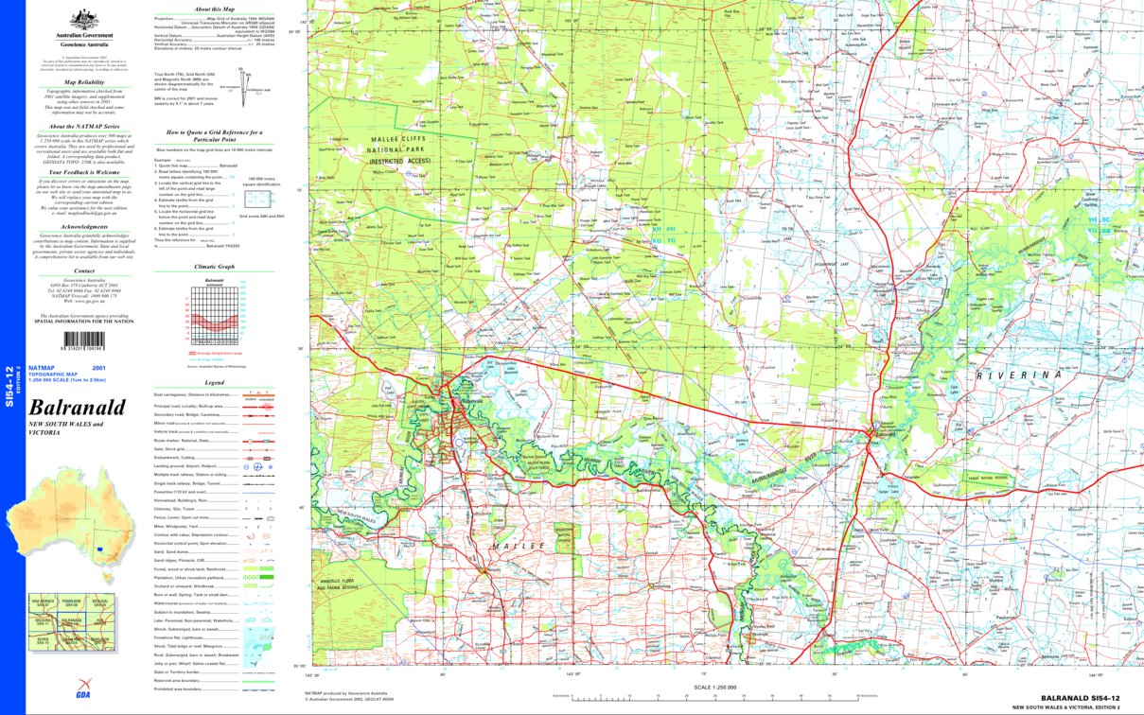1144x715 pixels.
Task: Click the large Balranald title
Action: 78,408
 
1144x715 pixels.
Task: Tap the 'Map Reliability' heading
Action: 78,83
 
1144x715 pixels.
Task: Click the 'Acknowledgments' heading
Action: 78,227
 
